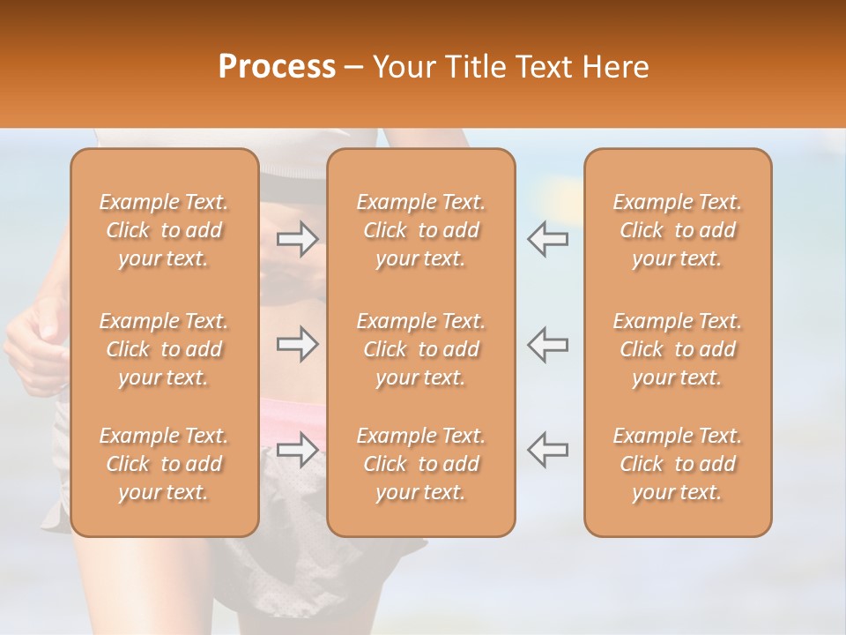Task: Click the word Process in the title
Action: (277, 66)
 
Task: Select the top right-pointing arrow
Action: (298, 239)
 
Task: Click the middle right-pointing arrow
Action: (298, 344)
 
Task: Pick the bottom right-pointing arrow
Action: (298, 449)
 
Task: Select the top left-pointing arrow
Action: (547, 239)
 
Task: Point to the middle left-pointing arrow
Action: (547, 344)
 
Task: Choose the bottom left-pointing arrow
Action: (547, 449)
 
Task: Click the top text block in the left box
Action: (164, 230)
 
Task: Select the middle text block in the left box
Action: (164, 349)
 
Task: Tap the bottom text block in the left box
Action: (164, 464)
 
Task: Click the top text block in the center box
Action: (421, 230)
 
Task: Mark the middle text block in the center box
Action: (421, 349)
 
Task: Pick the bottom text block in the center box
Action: (421, 464)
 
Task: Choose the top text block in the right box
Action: (678, 230)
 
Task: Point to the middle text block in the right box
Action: (678, 349)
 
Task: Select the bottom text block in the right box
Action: (678, 464)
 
